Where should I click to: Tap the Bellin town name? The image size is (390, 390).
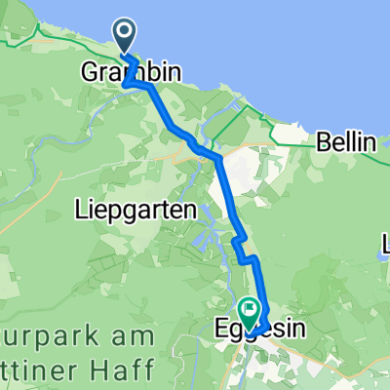[x=346, y=142]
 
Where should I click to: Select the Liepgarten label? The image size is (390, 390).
[x=130, y=210]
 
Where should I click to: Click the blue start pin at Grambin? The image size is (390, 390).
[x=128, y=37]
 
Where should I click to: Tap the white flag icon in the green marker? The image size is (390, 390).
[x=250, y=310]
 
